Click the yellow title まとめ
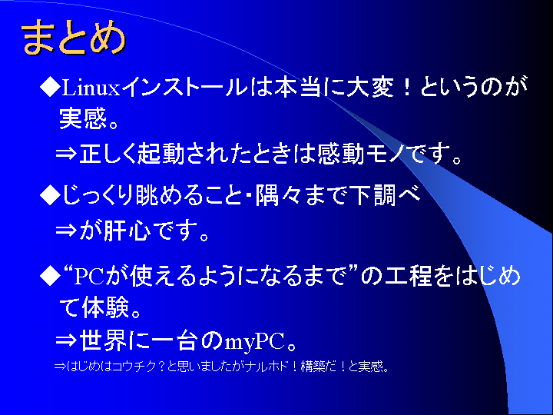[74, 38]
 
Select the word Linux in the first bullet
[91, 88]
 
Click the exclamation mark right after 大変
[407, 87]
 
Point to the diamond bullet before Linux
[50, 87]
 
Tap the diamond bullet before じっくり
[50, 195]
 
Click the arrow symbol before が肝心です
[66, 231]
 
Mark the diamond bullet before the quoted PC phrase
[50, 276]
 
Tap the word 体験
[104, 307]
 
